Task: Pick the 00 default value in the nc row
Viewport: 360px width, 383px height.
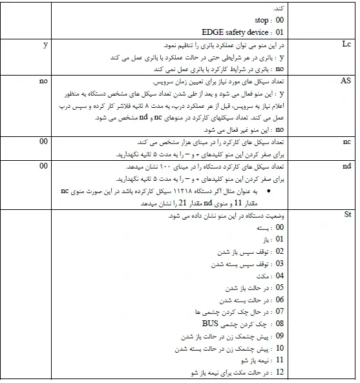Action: tap(44, 140)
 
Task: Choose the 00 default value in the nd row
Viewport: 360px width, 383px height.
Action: tap(44, 167)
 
